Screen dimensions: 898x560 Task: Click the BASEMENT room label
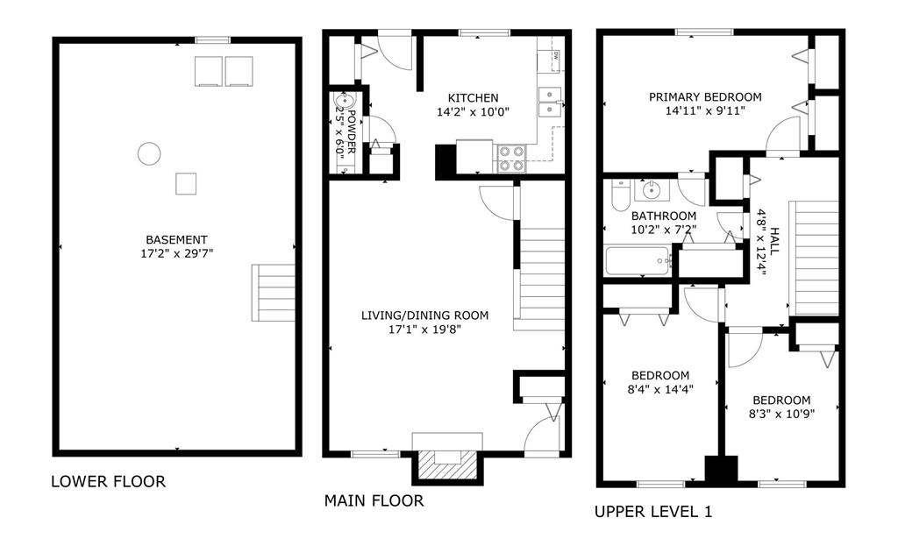point(176,240)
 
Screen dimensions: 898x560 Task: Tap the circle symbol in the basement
point(149,153)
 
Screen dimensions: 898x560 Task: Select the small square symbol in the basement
point(186,184)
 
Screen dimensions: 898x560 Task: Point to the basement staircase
point(274,293)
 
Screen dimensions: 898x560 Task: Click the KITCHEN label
point(473,98)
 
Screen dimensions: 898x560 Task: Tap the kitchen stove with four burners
point(510,158)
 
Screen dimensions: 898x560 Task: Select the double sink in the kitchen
point(551,102)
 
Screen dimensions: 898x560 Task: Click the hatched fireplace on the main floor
point(447,464)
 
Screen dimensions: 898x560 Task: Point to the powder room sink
point(344,101)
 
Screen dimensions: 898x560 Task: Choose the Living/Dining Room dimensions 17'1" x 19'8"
point(424,330)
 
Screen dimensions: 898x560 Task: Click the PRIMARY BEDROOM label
point(705,97)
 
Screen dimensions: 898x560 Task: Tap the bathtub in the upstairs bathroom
point(638,260)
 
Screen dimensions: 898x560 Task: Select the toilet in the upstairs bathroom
point(620,195)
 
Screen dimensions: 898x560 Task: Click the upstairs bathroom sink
point(652,189)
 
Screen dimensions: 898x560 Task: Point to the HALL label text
point(774,242)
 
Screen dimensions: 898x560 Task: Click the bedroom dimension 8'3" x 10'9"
point(781,414)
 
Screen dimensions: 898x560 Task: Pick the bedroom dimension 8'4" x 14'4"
point(660,389)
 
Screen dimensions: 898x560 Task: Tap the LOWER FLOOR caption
point(108,481)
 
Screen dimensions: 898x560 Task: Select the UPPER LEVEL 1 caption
point(653,511)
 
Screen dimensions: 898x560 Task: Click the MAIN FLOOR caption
point(374,501)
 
